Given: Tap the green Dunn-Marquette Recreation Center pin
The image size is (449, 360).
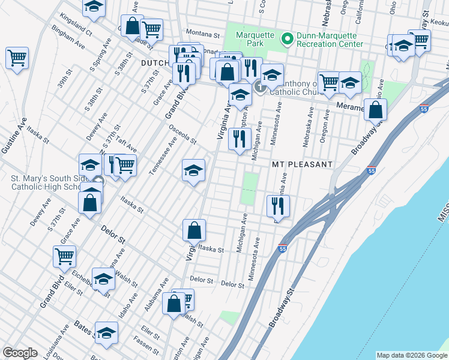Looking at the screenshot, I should tap(287, 39).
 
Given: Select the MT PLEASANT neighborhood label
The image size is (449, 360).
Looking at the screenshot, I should tap(302, 164).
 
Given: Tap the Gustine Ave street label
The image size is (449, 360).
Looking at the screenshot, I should tap(14, 137).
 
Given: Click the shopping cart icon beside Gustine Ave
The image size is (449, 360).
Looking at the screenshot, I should tap(17, 58).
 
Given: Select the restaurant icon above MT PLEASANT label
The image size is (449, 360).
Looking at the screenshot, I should tap(240, 139).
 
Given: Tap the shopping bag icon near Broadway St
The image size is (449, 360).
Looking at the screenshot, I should tap(375, 110).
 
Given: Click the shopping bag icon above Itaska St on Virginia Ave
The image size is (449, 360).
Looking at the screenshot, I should tap(194, 230).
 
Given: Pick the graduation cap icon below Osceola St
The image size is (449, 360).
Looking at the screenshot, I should tap(194, 170).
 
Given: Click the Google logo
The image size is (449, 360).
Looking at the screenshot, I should tap(20, 353).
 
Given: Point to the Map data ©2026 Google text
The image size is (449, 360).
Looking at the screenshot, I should tap(411, 355).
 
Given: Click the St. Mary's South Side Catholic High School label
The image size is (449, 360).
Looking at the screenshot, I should tap(46, 182).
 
